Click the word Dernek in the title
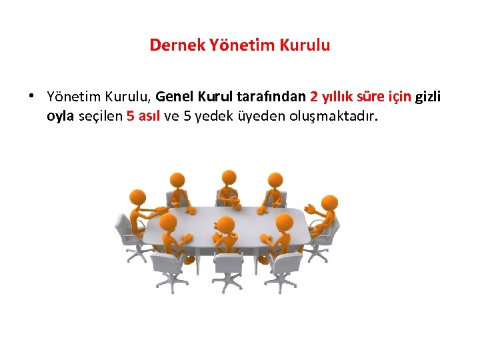pyautogui.click(x=170, y=45)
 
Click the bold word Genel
pyautogui.click(x=175, y=97)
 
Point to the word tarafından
pyautogui.click(x=271, y=97)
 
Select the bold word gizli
pyautogui.click(x=428, y=97)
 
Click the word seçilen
pyautogui.click(x=100, y=117)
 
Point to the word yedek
pyautogui.click(x=205, y=117)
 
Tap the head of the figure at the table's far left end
pyautogui.click(x=137, y=197)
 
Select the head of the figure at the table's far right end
pyautogui.click(x=329, y=203)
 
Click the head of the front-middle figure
pyautogui.click(x=227, y=225)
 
